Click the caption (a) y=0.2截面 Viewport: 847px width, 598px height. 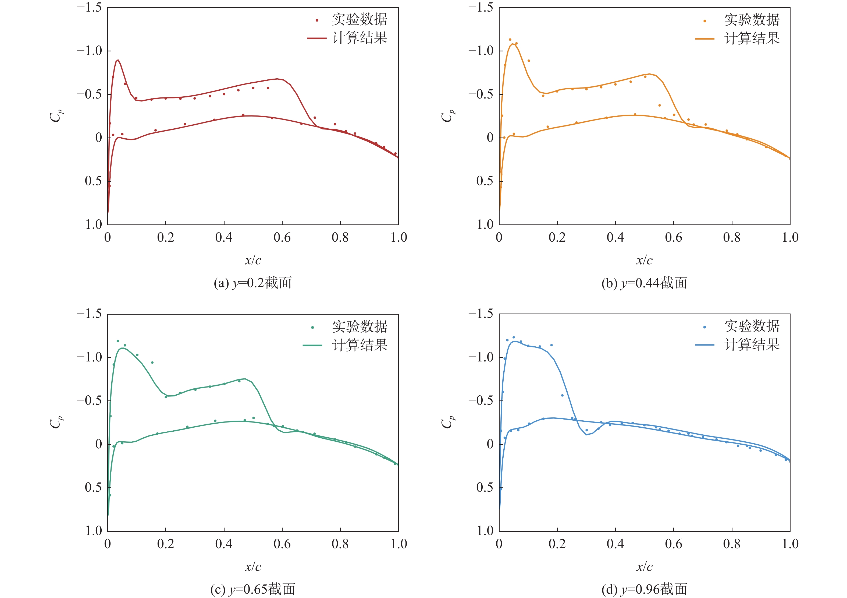coord(253,283)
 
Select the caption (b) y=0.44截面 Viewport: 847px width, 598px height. coord(644,283)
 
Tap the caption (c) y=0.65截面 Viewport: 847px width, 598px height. coord(253,589)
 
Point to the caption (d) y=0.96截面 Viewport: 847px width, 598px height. coord(644,589)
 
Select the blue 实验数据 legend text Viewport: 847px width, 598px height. coord(752,326)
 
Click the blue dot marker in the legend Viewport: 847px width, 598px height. coord(704,327)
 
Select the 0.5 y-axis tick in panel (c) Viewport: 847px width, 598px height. coord(93,487)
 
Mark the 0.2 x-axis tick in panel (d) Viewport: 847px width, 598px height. coord(557,544)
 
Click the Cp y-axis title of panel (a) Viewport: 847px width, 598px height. coord(56,116)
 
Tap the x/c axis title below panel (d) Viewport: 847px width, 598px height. coord(644,567)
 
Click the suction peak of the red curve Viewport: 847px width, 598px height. coord(118,60)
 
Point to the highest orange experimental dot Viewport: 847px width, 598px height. coord(510,40)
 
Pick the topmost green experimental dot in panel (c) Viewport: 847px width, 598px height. coord(118,341)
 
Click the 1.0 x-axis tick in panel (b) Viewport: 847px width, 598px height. coord(790,237)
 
